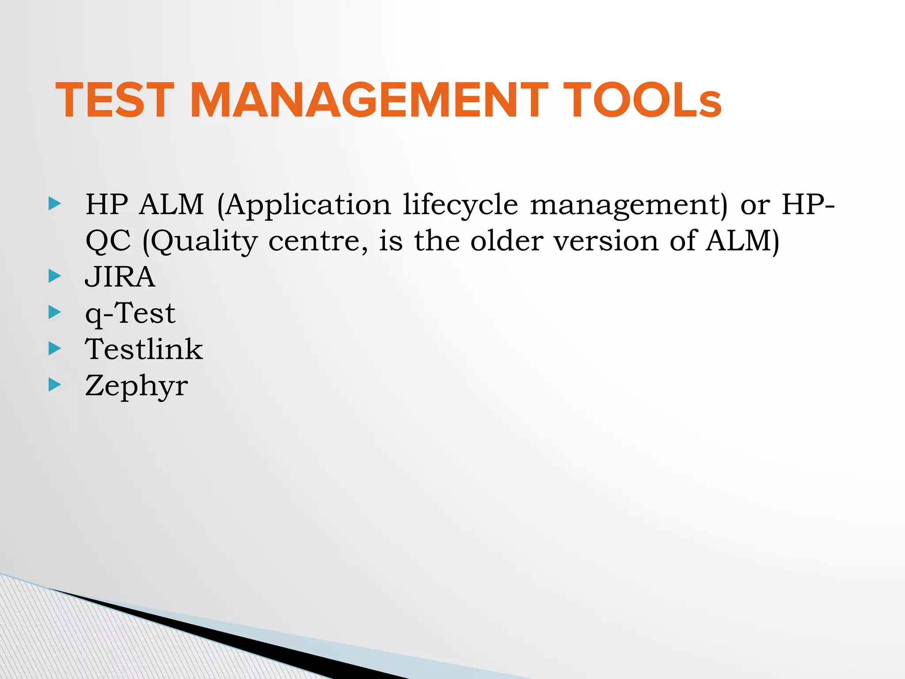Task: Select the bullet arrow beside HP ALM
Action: tap(55, 204)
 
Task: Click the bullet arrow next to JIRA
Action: tap(55, 276)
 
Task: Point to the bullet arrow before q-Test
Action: tap(55, 313)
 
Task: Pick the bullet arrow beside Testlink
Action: tap(55, 349)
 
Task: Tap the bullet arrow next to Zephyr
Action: tap(55, 385)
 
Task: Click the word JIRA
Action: tap(120, 277)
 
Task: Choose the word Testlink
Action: tap(144, 349)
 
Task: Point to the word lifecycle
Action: tap(460, 205)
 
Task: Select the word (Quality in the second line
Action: tap(200, 242)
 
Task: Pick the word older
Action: tap(506, 241)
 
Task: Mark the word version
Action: tap(606, 241)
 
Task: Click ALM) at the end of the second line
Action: tap(742, 241)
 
